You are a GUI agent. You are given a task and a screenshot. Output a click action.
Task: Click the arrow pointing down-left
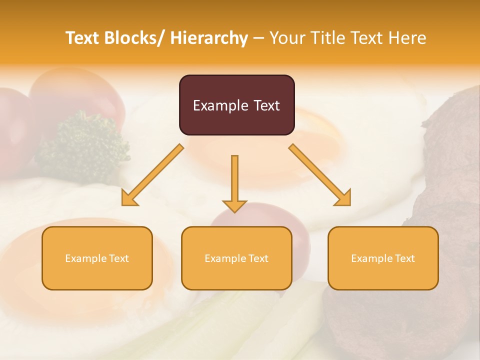152,175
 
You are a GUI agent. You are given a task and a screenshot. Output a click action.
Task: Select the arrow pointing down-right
320,175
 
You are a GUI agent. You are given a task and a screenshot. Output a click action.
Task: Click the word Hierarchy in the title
209,38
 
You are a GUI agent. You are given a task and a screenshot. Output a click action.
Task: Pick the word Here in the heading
408,38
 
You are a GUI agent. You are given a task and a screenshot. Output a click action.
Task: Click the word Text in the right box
404,258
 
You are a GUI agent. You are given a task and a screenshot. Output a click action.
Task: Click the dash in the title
258,38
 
